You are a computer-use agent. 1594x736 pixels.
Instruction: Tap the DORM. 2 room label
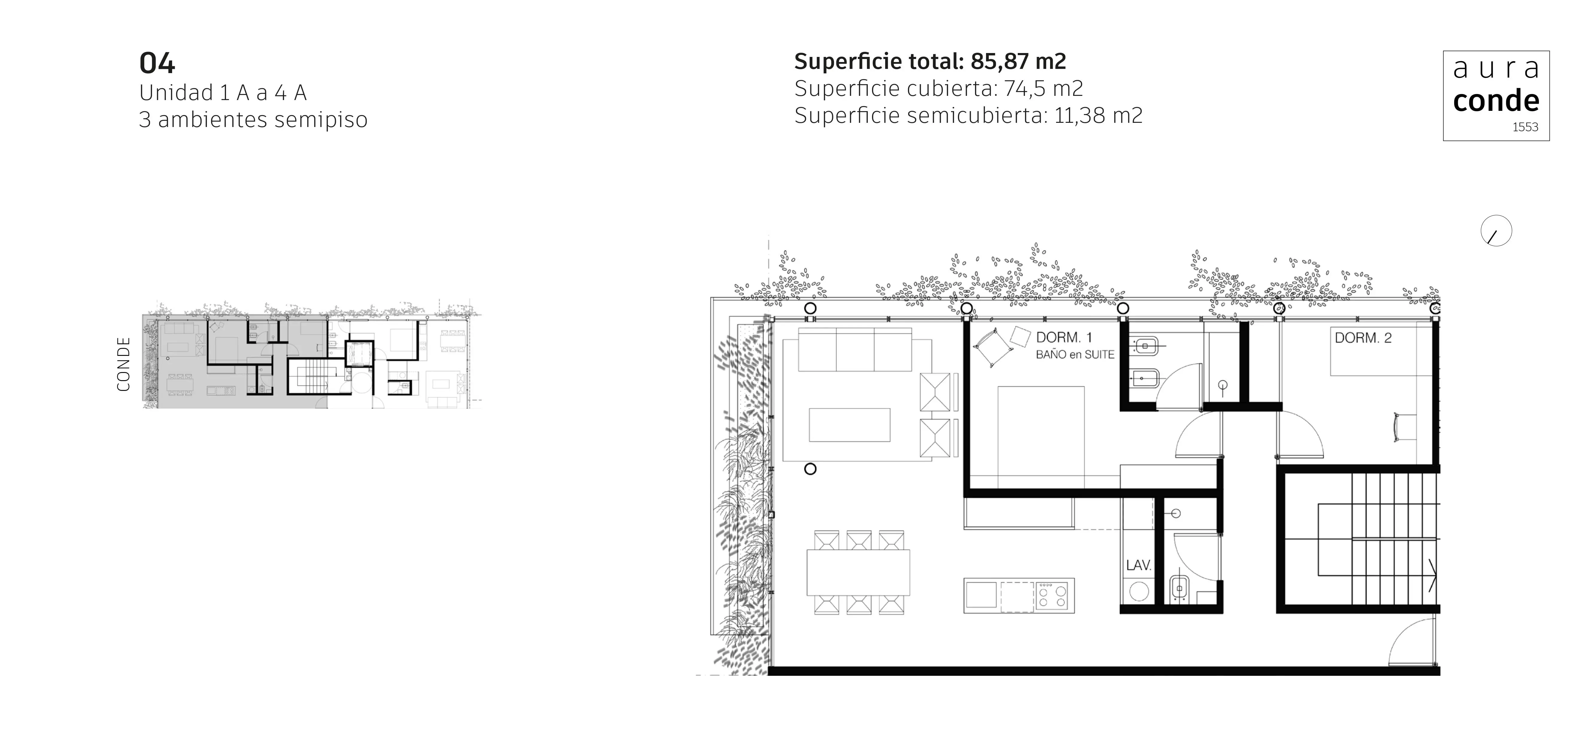[1363, 338]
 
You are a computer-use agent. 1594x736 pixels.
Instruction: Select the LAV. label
[1139, 565]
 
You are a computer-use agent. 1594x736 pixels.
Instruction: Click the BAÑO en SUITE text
[1075, 355]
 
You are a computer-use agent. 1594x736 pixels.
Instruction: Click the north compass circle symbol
[1496, 231]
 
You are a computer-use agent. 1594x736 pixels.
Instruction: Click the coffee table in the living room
[850, 425]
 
